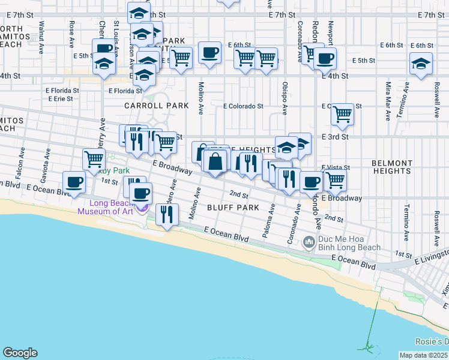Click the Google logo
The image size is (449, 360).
pyautogui.click(x=20, y=353)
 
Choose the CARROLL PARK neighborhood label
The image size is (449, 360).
pyautogui.click(x=157, y=106)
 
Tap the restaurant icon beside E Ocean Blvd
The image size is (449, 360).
pyautogui.click(x=166, y=214)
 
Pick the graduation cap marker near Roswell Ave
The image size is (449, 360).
pyautogui.click(x=421, y=63)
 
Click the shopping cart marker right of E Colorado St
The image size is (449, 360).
pyautogui.click(x=342, y=113)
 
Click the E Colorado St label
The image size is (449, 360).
pyautogui.click(x=243, y=106)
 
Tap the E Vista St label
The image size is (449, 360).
pyautogui.click(x=336, y=167)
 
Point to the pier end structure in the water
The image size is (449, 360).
pyautogui.click(x=365, y=347)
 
